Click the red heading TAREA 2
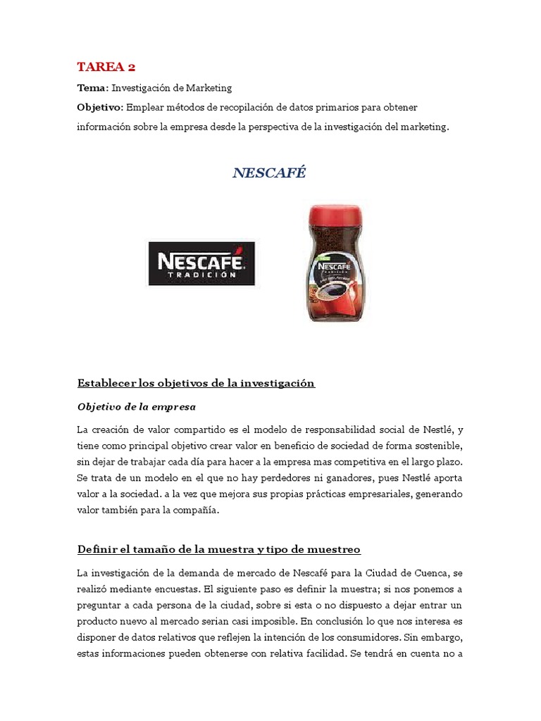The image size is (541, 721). click(106, 67)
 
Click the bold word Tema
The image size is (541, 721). click(91, 88)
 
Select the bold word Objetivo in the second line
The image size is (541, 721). click(99, 107)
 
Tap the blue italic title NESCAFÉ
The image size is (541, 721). click(269, 173)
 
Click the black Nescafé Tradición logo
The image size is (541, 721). click(201, 264)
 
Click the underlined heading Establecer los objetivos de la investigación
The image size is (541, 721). click(195, 384)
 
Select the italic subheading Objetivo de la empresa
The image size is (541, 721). click(136, 407)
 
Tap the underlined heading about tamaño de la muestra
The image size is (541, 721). click(218, 548)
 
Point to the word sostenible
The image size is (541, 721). click(435, 446)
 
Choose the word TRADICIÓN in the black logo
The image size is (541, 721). click(201, 275)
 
